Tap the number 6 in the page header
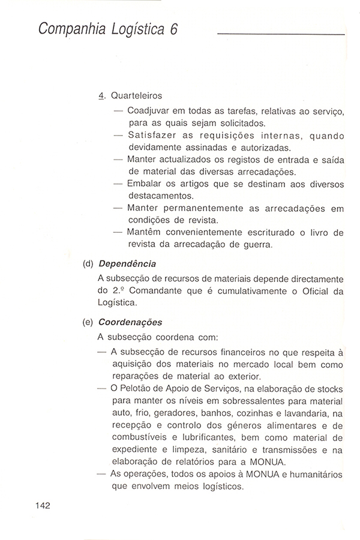pyautogui.click(x=173, y=31)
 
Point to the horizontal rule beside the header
pyautogui.click(x=280, y=34)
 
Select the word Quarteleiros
pyautogui.click(x=136, y=95)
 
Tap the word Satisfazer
pyautogui.click(x=154, y=135)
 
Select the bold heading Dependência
pyautogui.click(x=128, y=263)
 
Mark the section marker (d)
pyautogui.click(x=88, y=263)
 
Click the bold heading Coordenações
pyautogui.click(x=130, y=322)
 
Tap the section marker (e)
pyautogui.click(x=88, y=322)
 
